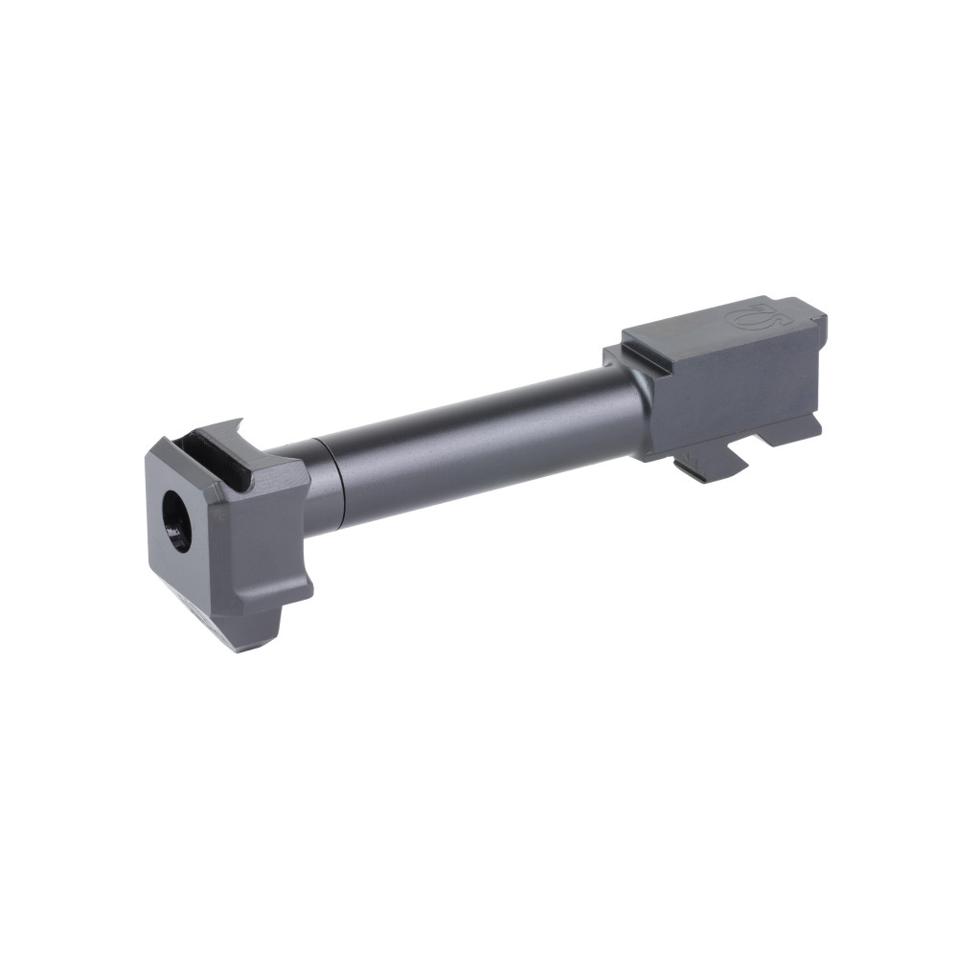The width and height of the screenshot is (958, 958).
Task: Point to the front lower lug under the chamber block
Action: (x=709, y=466)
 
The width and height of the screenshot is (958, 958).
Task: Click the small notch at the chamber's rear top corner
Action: (x=814, y=311)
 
